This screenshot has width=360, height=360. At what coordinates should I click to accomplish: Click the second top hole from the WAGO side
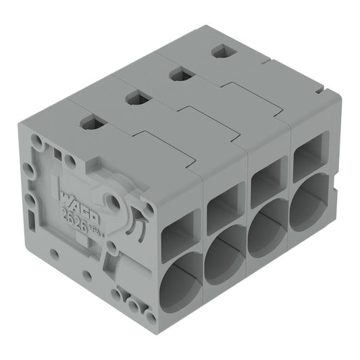point(136,99)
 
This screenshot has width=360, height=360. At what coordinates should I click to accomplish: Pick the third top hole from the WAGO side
point(179,74)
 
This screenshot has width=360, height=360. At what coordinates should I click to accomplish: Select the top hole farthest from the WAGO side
point(220,51)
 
